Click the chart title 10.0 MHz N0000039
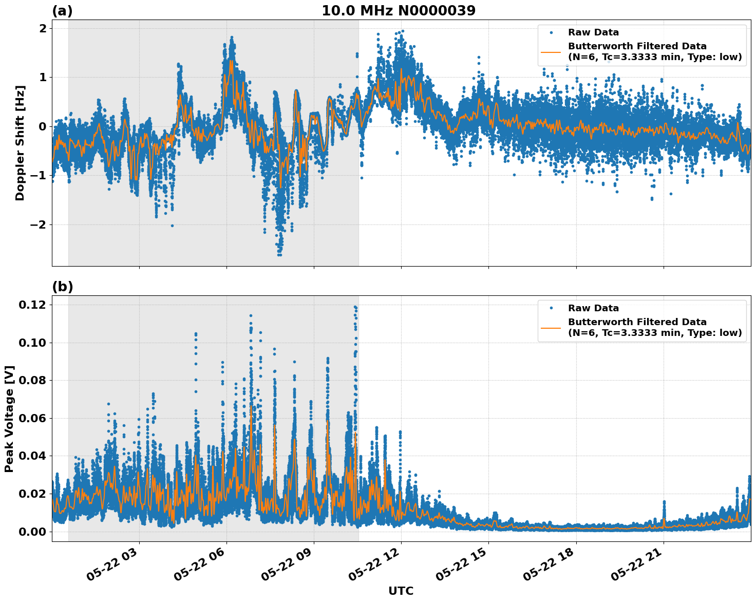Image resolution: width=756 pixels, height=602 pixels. click(399, 10)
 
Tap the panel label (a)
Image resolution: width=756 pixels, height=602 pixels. click(62, 11)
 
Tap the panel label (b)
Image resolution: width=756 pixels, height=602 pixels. click(62, 287)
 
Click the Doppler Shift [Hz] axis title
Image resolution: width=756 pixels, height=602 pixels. click(20, 143)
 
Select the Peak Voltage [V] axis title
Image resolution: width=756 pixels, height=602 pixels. click(9, 419)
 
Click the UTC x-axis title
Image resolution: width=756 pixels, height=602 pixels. click(401, 591)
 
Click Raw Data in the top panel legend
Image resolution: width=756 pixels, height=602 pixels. click(593, 32)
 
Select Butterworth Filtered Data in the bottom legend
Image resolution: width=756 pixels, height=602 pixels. click(637, 322)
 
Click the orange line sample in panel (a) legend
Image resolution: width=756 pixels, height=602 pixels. click(551, 51)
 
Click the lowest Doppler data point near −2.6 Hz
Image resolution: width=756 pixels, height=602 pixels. click(279, 254)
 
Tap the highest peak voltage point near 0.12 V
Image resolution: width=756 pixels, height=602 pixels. click(355, 307)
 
